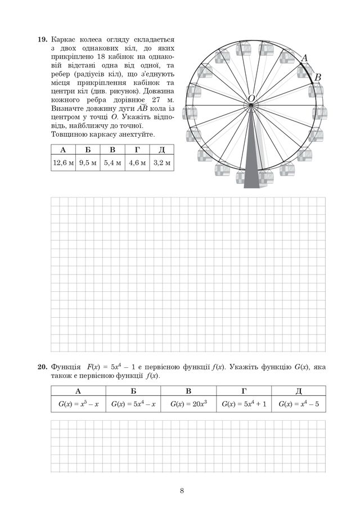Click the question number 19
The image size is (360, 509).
click(x=42, y=40)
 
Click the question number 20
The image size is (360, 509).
click(x=42, y=367)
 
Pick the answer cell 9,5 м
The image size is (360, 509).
click(x=88, y=163)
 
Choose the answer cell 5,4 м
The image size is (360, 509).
click(x=112, y=163)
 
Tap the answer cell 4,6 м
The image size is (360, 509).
click(x=137, y=163)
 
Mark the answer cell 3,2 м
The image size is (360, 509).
click(x=161, y=163)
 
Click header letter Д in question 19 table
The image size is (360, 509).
click(x=161, y=150)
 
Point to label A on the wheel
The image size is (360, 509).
click(x=305, y=58)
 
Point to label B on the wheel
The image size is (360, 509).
click(x=317, y=78)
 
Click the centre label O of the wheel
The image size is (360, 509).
click(x=251, y=98)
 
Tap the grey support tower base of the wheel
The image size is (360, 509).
click(x=251, y=180)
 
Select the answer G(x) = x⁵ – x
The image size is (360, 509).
click(x=78, y=404)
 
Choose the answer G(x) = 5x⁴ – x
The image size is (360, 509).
click(x=133, y=404)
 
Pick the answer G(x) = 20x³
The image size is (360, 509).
click(x=188, y=404)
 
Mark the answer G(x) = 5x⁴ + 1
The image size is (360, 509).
click(x=244, y=404)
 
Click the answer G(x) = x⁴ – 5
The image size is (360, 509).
click(x=299, y=404)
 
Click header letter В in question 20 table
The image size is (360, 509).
click(x=188, y=391)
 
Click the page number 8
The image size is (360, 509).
click(x=182, y=490)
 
